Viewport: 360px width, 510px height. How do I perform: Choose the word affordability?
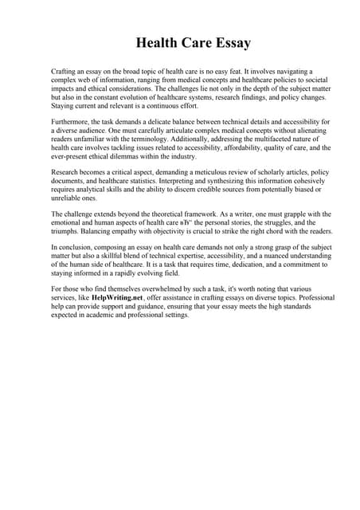[243, 148]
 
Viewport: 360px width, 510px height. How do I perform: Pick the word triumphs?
[67, 232]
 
